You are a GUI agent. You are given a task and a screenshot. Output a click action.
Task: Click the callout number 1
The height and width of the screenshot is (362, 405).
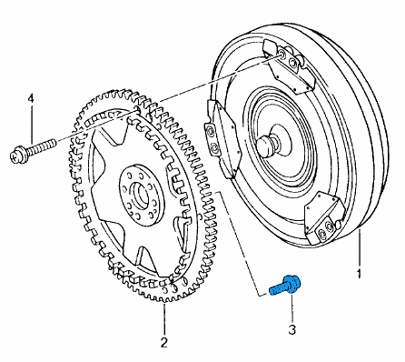pyautogui.click(x=359, y=274)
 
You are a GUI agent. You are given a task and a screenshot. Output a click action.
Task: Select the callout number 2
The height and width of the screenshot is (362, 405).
pyautogui.click(x=163, y=342)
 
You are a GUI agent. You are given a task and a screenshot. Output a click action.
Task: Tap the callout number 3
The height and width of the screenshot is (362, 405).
pyautogui.click(x=291, y=329)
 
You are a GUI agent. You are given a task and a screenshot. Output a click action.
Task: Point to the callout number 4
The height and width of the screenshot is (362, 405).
pyautogui.click(x=31, y=99)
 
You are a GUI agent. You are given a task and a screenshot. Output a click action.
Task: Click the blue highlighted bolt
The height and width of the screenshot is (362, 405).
pyautogui.click(x=285, y=286)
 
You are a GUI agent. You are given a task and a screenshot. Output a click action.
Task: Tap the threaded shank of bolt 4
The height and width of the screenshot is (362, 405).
pyautogui.click(x=41, y=146)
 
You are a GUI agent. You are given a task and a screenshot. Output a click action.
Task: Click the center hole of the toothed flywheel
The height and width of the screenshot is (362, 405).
pyautogui.click(x=140, y=196)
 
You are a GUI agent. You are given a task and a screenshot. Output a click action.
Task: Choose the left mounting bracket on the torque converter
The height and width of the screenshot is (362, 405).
pyautogui.click(x=221, y=138)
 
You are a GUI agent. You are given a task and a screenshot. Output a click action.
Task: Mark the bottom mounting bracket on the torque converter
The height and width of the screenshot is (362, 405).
pyautogui.click(x=324, y=219)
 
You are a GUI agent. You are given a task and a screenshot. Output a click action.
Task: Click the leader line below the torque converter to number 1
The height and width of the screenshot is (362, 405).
pyautogui.click(x=360, y=248)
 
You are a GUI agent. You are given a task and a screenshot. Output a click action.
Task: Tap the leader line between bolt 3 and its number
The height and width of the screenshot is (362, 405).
pyautogui.click(x=292, y=307)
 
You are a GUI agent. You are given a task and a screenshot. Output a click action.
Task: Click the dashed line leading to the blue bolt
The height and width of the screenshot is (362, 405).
pyautogui.click(x=239, y=243)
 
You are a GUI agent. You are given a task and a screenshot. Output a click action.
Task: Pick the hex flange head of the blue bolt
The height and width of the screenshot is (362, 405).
pyautogui.click(x=292, y=284)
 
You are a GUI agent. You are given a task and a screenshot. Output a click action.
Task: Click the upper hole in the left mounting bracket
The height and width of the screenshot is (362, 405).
pyautogui.click(x=209, y=132)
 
